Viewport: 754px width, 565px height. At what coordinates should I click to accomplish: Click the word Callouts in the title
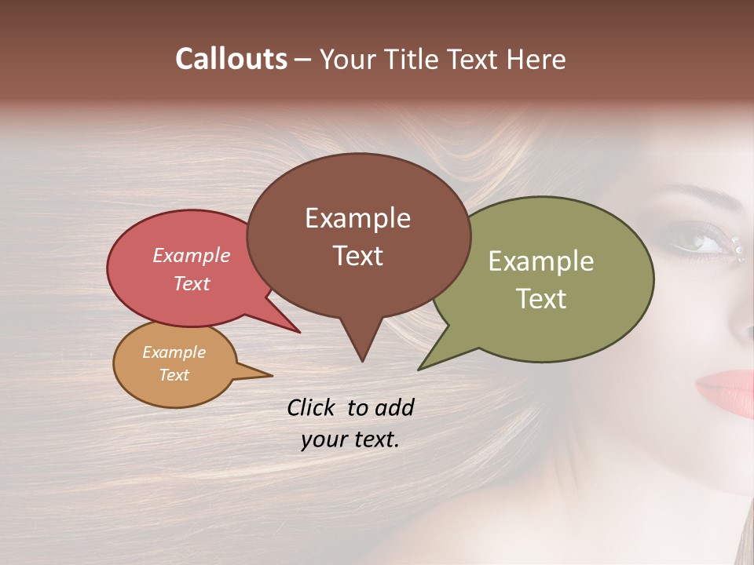[x=231, y=59]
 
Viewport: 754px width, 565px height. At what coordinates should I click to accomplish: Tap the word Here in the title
[x=535, y=59]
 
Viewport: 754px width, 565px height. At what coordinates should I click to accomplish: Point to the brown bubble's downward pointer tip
[x=362, y=360]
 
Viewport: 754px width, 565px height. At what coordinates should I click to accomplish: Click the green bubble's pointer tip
[x=420, y=368]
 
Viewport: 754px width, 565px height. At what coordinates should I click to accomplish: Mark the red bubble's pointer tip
[x=298, y=332]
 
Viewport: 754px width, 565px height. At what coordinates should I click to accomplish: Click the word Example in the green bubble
[x=541, y=261]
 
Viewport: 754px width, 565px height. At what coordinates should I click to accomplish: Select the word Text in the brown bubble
[x=358, y=256]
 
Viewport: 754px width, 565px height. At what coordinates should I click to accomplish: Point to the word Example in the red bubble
[x=192, y=255]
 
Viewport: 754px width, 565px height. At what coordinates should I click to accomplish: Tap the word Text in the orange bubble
[x=174, y=375]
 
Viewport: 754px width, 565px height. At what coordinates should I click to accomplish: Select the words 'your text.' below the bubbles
[x=350, y=439]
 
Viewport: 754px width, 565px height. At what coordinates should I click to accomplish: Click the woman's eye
[x=695, y=241]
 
